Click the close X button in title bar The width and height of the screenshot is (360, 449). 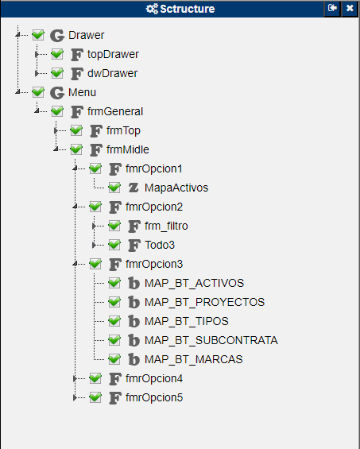(x=350, y=8)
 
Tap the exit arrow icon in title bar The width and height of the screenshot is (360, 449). (x=332, y=8)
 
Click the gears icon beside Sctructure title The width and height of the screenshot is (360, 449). (x=152, y=9)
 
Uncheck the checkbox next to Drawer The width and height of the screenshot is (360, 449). (x=38, y=35)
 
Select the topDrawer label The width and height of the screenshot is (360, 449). (x=113, y=54)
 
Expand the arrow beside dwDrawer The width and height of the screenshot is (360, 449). (x=37, y=73)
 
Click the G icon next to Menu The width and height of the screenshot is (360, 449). (x=57, y=92)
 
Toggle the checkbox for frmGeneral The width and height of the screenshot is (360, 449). (x=57, y=111)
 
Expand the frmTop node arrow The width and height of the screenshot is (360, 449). (x=56, y=130)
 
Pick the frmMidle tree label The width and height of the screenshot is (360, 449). (x=128, y=149)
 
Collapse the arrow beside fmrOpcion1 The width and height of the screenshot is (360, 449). (x=75, y=168)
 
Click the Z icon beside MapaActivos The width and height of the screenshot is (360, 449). (x=134, y=188)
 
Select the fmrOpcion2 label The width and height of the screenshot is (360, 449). (x=154, y=207)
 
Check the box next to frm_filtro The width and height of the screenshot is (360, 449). (x=114, y=226)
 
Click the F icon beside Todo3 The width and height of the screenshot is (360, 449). (x=134, y=245)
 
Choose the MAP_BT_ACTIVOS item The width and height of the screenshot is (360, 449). (x=194, y=283)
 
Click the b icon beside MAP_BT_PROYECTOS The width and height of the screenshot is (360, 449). (x=134, y=302)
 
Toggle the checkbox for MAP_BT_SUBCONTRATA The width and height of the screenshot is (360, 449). (x=114, y=340)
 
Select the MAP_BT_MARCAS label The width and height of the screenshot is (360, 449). (x=194, y=359)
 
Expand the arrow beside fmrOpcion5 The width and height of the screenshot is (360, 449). (x=75, y=397)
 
